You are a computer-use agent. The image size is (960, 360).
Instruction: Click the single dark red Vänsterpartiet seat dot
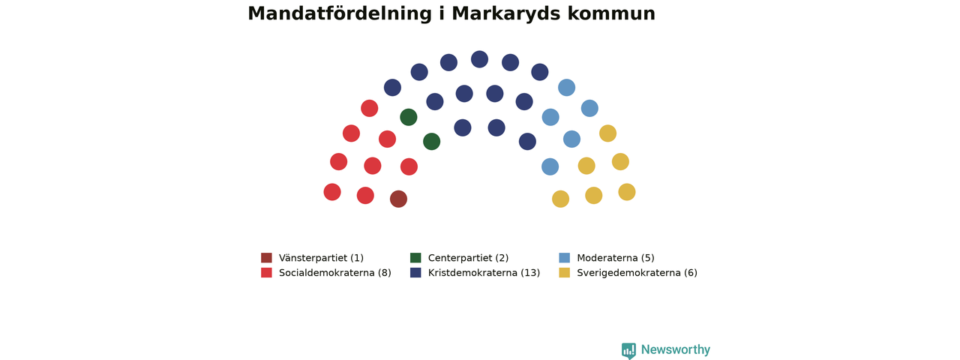pyautogui.click(x=398, y=199)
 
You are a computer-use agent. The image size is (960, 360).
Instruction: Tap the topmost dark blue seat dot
pyautogui.click(x=479, y=59)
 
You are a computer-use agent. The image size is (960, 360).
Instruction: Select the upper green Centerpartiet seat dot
pyautogui.click(x=409, y=117)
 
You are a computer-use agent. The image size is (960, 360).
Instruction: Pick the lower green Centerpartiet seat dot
pyautogui.click(x=431, y=142)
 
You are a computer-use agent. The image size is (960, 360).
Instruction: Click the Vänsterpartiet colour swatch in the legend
pyautogui.click(x=266, y=257)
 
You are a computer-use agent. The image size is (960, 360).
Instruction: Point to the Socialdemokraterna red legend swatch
pyautogui.click(x=266, y=272)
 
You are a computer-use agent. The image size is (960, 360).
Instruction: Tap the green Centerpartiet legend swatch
pyautogui.click(x=415, y=257)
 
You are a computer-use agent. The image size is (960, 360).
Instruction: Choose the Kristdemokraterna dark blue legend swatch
pyautogui.click(x=415, y=272)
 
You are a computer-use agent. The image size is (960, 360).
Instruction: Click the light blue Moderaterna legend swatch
pyautogui.click(x=565, y=257)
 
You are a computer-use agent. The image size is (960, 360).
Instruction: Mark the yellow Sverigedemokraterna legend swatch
pyautogui.click(x=565, y=272)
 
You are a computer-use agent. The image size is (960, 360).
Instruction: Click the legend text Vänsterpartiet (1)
pyautogui.click(x=322, y=258)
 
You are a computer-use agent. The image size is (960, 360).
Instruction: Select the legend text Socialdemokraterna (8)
pyautogui.click(x=335, y=273)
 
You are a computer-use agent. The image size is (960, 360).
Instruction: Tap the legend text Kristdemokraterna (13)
pyautogui.click(x=484, y=273)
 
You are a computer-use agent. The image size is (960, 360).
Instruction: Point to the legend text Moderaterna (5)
pyautogui.click(x=616, y=258)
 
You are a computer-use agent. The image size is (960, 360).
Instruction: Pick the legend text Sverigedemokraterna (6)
pyautogui.click(x=637, y=273)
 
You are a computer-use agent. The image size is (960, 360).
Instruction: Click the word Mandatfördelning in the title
pyautogui.click(x=340, y=13)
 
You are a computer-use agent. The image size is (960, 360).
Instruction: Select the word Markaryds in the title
pyautogui.click(x=505, y=14)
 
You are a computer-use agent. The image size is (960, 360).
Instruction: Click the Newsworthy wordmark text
pyautogui.click(x=676, y=349)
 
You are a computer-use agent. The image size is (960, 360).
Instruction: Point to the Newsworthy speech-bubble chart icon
pyautogui.click(x=628, y=350)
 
